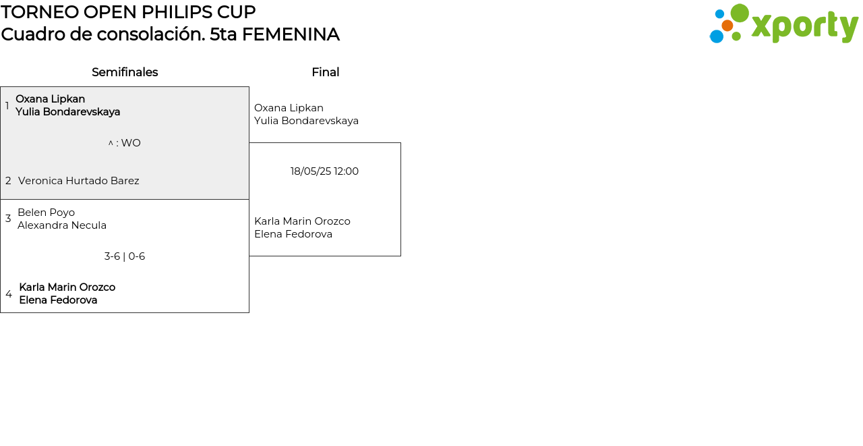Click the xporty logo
pos(783,24)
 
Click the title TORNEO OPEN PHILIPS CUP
pos(128,12)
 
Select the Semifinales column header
pos(125,72)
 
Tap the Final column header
pos(325,72)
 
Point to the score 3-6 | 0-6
pos(125,256)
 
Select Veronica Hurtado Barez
pos(79,181)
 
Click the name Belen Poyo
pos(46,213)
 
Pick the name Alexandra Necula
pos(62,225)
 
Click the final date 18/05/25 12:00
pos(324,171)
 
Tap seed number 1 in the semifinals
pos(7,106)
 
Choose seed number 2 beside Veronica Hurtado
pos(8,181)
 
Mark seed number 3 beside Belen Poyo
pos(8,219)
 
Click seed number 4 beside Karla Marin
pos(9,294)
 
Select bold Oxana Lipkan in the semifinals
pos(50,99)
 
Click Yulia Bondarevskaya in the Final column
pos(306,121)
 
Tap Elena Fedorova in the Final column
pos(293,234)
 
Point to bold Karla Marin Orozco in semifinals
pos(67,287)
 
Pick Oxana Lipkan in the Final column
pos(289,108)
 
